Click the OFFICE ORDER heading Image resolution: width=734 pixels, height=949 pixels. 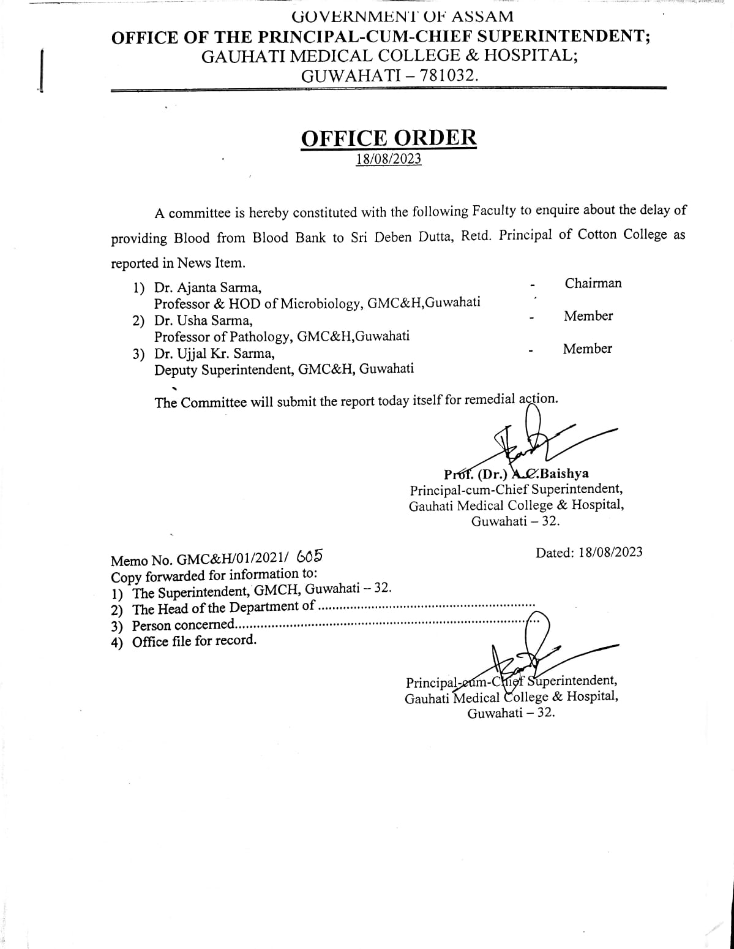point(388,138)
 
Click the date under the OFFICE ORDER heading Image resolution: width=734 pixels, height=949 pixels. point(389,159)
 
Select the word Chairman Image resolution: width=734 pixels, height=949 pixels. point(593,283)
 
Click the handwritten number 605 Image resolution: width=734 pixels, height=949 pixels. point(309,556)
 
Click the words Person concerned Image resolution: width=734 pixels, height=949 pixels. point(183,625)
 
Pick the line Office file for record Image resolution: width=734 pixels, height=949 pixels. point(194,641)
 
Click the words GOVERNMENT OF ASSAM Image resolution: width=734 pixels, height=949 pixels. point(402,17)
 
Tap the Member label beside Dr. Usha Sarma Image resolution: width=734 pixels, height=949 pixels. point(588,316)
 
